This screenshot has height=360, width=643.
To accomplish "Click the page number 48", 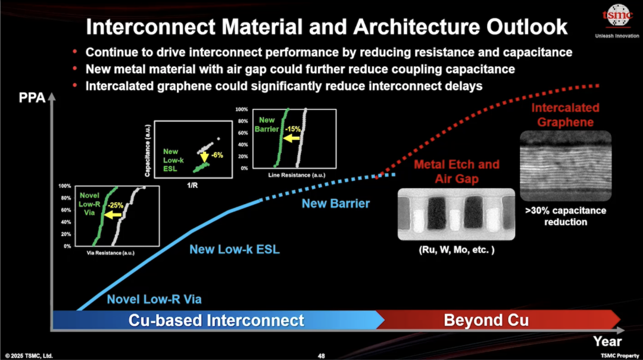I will (x=321, y=355).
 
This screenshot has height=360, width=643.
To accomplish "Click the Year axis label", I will (x=607, y=341).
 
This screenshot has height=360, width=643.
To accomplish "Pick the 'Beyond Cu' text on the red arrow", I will (x=486, y=320).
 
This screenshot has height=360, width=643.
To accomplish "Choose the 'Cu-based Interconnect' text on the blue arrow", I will (x=216, y=320).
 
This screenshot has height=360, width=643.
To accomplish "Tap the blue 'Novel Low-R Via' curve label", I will (x=158, y=299).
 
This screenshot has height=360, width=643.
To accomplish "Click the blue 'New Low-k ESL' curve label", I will (x=234, y=249).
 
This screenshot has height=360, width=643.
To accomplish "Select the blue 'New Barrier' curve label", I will (x=335, y=204).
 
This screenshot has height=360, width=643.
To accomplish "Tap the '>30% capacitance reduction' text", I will (x=565, y=216).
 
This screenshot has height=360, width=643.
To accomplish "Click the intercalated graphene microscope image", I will (x=566, y=165).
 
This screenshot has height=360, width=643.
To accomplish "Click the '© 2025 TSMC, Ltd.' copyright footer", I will (x=28, y=355).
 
